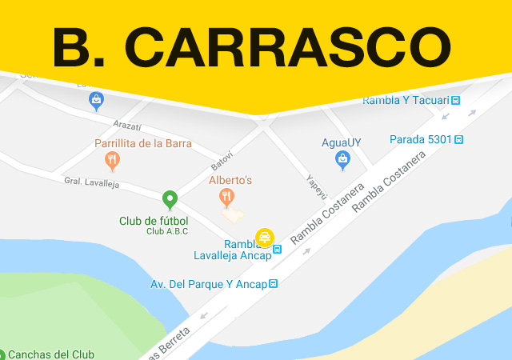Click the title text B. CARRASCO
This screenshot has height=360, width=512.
coord(252,47)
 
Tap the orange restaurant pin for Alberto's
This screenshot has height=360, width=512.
coord(228,197)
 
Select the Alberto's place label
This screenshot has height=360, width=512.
coord(230,181)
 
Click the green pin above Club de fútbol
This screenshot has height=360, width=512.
coord(170,199)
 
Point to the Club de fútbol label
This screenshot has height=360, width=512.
coord(154,221)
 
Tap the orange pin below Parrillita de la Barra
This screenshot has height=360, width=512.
coord(113,161)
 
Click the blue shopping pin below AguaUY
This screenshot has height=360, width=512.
coord(342,159)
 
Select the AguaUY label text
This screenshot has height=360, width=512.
coord(342,142)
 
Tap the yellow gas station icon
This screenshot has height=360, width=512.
coord(265,238)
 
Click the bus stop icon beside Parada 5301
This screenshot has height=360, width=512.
coord(459,139)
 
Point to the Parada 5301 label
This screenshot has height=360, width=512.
coord(421,139)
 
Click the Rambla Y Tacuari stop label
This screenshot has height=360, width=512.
coord(405,100)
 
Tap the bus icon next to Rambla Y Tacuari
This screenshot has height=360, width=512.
coord(456,100)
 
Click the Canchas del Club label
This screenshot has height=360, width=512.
coord(51,354)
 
